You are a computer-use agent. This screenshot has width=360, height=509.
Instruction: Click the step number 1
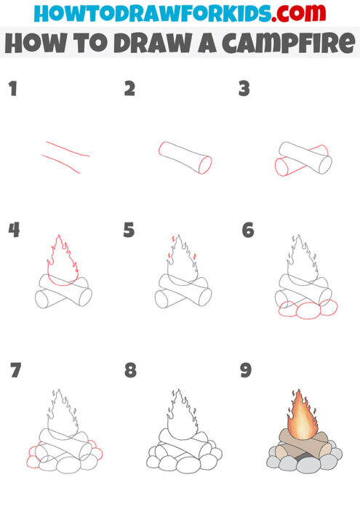[12, 89]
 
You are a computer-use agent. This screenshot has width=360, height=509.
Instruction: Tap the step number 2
[129, 89]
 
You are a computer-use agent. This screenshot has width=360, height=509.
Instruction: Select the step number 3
[244, 89]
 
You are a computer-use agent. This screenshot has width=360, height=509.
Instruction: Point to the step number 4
[14, 231]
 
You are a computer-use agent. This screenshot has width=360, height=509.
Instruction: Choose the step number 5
[129, 231]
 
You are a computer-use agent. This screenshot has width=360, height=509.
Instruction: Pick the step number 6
[248, 231]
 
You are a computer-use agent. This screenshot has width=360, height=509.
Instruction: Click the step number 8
[130, 370]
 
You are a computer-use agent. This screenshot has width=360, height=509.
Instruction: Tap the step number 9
[246, 370]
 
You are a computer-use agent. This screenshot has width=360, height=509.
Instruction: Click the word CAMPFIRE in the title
[287, 42]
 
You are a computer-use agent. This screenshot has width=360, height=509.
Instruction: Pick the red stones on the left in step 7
[33, 455]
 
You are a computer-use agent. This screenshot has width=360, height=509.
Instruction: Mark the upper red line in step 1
[66, 149]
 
